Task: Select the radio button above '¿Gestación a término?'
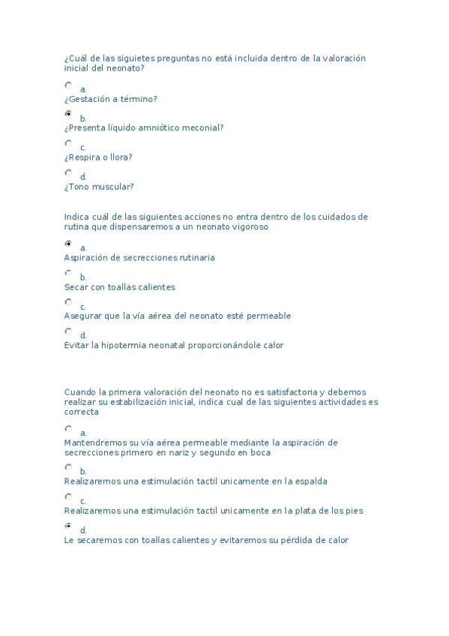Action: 68,85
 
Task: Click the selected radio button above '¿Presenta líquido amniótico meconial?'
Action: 68,114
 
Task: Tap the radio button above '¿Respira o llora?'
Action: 68,143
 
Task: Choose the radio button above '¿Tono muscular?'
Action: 68,172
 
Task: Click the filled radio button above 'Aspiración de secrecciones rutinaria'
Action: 68,244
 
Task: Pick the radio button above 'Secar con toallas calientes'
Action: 68,273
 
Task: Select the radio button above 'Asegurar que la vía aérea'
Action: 68,302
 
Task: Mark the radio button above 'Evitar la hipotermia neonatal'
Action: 68,331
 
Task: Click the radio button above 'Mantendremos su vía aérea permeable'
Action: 68,429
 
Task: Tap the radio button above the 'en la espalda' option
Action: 68,467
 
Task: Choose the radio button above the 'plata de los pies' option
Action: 68,496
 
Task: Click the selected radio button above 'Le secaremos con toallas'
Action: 68,526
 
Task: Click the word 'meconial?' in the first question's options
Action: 202,128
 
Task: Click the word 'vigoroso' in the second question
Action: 248,226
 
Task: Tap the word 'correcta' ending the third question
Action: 81,412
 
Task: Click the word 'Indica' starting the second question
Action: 77,217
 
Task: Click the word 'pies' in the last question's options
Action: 355,511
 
